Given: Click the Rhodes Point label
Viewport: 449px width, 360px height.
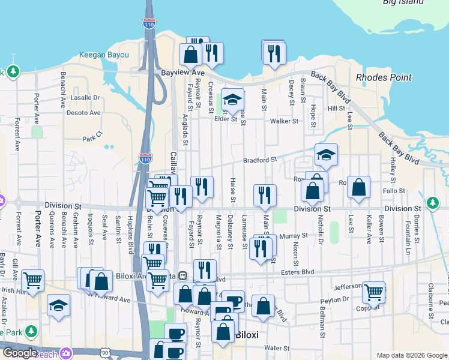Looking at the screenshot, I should [x=384, y=77].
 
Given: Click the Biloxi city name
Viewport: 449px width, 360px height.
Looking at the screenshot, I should [x=246, y=335].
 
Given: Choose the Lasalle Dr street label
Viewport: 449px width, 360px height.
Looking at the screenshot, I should [x=85, y=97].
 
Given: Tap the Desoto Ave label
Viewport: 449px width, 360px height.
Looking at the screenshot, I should [x=83, y=112].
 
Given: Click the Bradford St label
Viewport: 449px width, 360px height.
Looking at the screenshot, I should [x=260, y=160].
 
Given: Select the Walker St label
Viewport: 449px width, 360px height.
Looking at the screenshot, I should [x=284, y=121].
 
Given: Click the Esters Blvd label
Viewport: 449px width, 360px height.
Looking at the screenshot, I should [x=298, y=272].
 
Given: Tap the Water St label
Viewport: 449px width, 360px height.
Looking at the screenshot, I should [x=277, y=348].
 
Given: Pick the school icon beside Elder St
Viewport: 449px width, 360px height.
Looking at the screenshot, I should [x=232, y=99].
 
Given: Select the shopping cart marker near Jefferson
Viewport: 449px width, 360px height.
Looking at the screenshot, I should [x=373, y=292].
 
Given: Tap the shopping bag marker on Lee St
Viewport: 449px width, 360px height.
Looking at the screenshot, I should [x=358, y=187].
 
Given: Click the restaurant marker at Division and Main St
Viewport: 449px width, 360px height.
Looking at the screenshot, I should [x=264, y=194].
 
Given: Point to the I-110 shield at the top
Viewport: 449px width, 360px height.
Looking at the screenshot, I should [x=149, y=23].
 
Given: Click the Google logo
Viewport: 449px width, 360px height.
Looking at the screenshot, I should [x=20, y=353].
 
